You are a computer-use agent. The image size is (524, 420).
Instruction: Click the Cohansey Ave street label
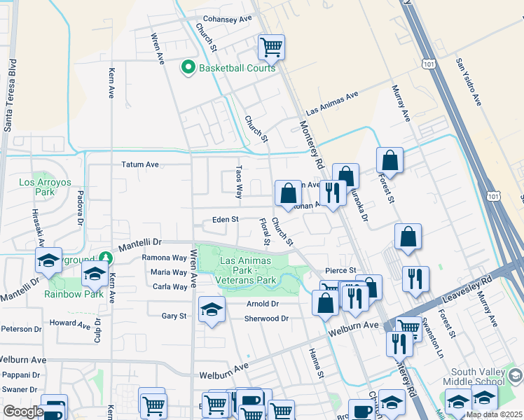pyautogui.click(x=227, y=19)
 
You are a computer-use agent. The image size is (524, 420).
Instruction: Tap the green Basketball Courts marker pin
pyautogui.click(x=188, y=68)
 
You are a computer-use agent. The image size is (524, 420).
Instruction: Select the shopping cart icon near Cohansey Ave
pyautogui.click(x=271, y=48)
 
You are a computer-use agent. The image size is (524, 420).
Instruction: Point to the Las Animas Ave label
pyautogui.click(x=333, y=104)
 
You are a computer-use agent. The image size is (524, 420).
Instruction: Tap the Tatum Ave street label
pyautogui.click(x=140, y=165)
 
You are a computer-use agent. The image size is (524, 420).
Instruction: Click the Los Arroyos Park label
pyautogui.click(x=36, y=187)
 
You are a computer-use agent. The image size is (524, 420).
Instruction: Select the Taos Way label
pyautogui.click(x=239, y=181)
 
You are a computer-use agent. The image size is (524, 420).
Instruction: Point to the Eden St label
pyautogui.click(x=226, y=220)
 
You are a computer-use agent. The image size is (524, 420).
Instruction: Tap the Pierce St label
pyautogui.click(x=341, y=270)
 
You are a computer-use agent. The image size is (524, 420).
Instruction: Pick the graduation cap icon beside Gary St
pyautogui.click(x=212, y=309)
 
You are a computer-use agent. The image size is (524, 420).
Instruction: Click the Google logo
pyautogui.click(x=22, y=412)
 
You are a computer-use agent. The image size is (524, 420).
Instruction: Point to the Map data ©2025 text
pyautogui.click(x=493, y=414)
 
